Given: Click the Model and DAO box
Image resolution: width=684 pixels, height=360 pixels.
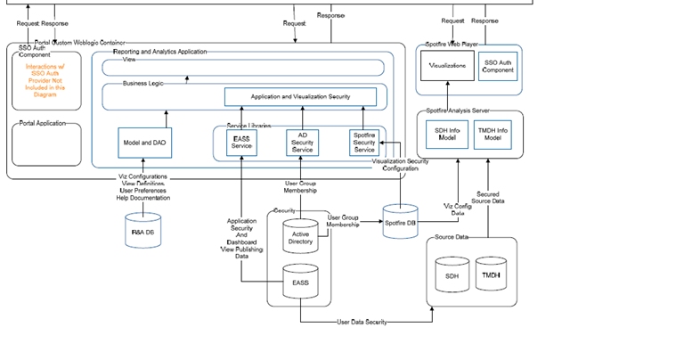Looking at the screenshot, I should click(x=143, y=143).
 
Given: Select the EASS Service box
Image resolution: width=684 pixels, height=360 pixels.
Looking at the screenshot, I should click(x=242, y=143).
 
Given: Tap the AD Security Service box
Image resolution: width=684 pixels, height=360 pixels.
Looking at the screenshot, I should click(x=303, y=143).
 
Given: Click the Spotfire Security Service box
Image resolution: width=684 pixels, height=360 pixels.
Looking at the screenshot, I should click(x=364, y=143).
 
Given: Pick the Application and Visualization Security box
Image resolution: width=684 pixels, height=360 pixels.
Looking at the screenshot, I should click(x=300, y=96).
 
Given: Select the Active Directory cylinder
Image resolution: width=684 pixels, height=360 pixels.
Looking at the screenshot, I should click(x=299, y=237).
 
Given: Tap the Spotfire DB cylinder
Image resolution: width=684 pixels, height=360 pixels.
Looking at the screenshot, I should click(x=399, y=221).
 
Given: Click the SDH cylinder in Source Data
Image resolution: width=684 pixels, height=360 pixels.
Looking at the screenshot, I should click(x=452, y=274).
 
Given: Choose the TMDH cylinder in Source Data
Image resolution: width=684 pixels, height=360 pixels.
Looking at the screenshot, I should click(x=491, y=274).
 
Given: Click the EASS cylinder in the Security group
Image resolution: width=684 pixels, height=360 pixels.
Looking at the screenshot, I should click(x=300, y=281).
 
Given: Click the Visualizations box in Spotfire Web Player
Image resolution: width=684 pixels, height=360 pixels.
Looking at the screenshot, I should click(x=447, y=66).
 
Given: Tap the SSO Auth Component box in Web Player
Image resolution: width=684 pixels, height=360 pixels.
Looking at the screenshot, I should click(x=497, y=66).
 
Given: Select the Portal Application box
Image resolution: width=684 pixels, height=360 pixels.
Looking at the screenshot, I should click(x=45, y=143).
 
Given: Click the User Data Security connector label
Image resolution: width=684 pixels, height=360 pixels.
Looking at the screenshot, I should click(x=362, y=322).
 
